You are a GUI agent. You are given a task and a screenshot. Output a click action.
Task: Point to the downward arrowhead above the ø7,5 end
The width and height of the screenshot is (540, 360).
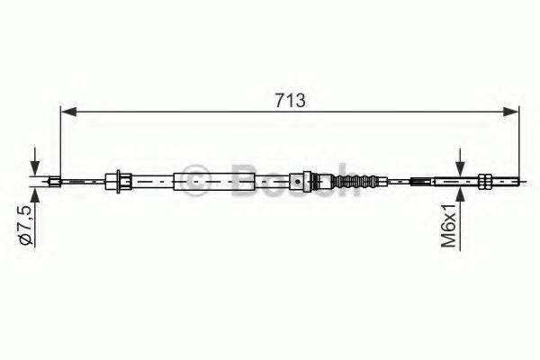tap(35, 172)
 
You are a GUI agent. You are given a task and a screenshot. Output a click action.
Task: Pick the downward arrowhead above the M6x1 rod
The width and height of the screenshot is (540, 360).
tap(461, 170)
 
